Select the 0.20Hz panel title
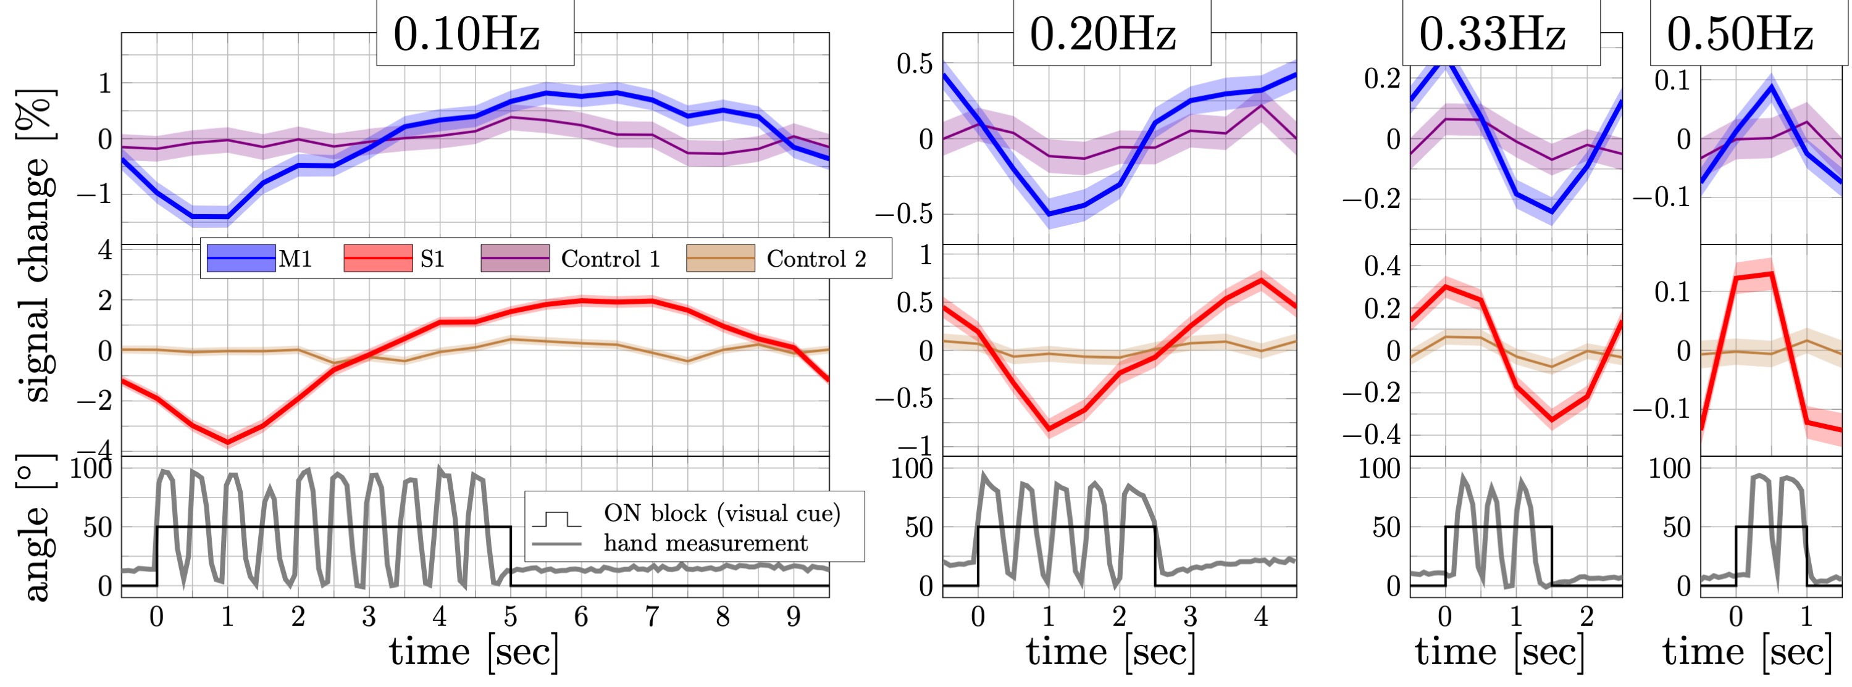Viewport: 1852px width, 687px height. pyautogui.click(x=1103, y=33)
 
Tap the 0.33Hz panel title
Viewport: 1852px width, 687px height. pyautogui.click(x=1493, y=33)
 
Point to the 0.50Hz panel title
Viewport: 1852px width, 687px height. pyautogui.click(x=1740, y=33)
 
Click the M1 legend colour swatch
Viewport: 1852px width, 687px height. pyautogui.click(x=241, y=258)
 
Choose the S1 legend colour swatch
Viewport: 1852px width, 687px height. pyautogui.click(x=378, y=258)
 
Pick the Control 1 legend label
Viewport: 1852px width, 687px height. pyautogui.click(x=610, y=259)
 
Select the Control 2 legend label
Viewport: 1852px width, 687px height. pyautogui.click(x=816, y=259)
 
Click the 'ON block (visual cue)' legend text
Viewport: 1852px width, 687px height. pyautogui.click(x=722, y=513)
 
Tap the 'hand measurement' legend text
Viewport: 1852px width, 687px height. pyautogui.click(x=705, y=543)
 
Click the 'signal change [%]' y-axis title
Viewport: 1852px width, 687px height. pyautogui.click(x=36, y=244)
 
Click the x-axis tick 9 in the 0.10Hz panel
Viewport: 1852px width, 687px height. pyautogui.click(x=793, y=617)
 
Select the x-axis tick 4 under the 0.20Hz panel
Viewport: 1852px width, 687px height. pyautogui.click(x=1260, y=617)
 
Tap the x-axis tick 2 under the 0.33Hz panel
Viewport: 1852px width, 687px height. pyautogui.click(x=1586, y=617)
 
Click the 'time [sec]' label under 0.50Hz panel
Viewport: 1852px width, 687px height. pyautogui.click(x=1746, y=652)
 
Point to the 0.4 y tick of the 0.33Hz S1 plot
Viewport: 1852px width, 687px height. pyautogui.click(x=1382, y=267)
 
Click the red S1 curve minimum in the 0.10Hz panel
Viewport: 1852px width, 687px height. pyautogui.click(x=228, y=441)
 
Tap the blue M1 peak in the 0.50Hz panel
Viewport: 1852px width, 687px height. pyautogui.click(x=1770, y=86)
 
